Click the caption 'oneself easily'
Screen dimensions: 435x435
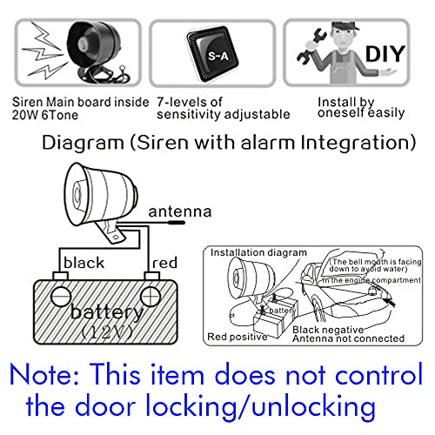point(358,113)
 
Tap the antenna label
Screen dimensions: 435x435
point(179,211)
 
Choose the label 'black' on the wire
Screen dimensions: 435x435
point(83,263)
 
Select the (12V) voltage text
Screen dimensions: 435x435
point(107,331)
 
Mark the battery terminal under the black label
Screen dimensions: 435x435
point(60,290)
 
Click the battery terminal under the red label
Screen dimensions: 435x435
point(152,290)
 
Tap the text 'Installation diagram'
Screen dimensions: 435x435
point(252,252)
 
